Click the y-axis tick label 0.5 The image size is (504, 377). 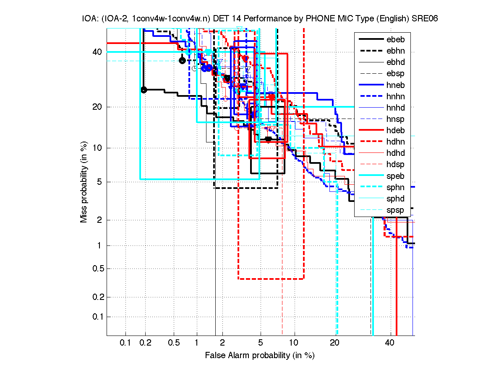97,269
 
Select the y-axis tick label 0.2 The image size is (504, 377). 97,297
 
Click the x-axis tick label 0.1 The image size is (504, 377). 125,343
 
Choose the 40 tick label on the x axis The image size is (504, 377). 390,343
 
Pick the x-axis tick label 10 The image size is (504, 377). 295,343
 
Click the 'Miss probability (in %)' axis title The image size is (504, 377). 84,182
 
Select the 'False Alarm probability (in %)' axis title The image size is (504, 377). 260,355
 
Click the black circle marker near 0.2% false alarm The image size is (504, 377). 144,90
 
